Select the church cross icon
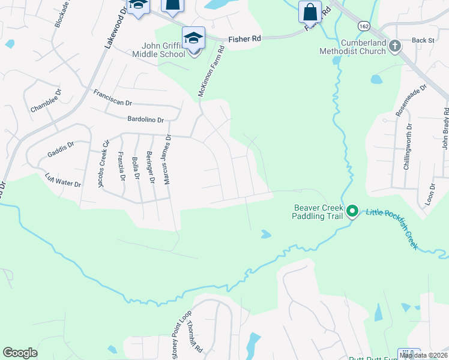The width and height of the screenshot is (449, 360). (394, 46)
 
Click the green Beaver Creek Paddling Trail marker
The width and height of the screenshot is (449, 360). (352, 211)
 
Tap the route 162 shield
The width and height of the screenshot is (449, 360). (364, 26)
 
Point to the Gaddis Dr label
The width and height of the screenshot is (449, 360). (60, 149)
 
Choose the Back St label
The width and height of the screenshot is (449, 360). (423, 40)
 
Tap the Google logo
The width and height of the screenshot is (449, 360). (20, 353)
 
